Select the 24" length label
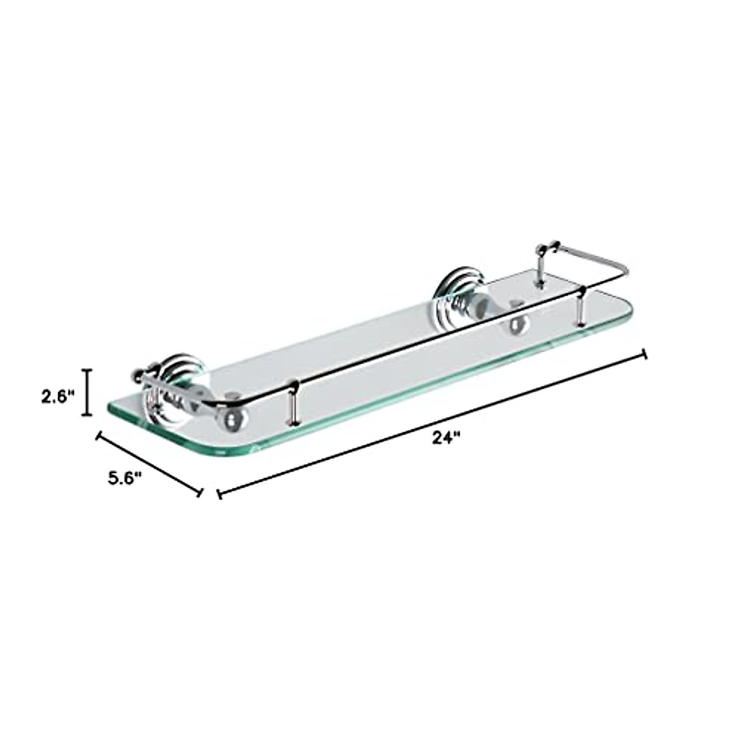[446, 438]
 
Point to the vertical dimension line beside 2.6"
[87, 392]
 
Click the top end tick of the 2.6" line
[87, 370]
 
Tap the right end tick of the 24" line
[645, 353]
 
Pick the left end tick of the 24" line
[219, 494]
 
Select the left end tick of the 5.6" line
[97, 435]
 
